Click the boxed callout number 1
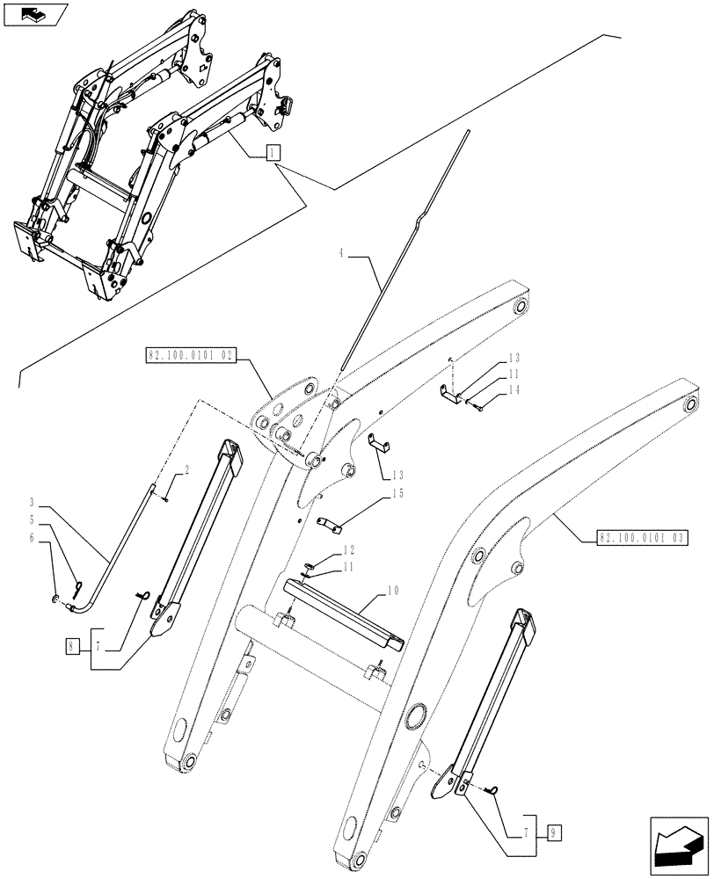[273, 152]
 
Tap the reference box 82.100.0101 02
[191, 356]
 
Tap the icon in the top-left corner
[34, 14]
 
